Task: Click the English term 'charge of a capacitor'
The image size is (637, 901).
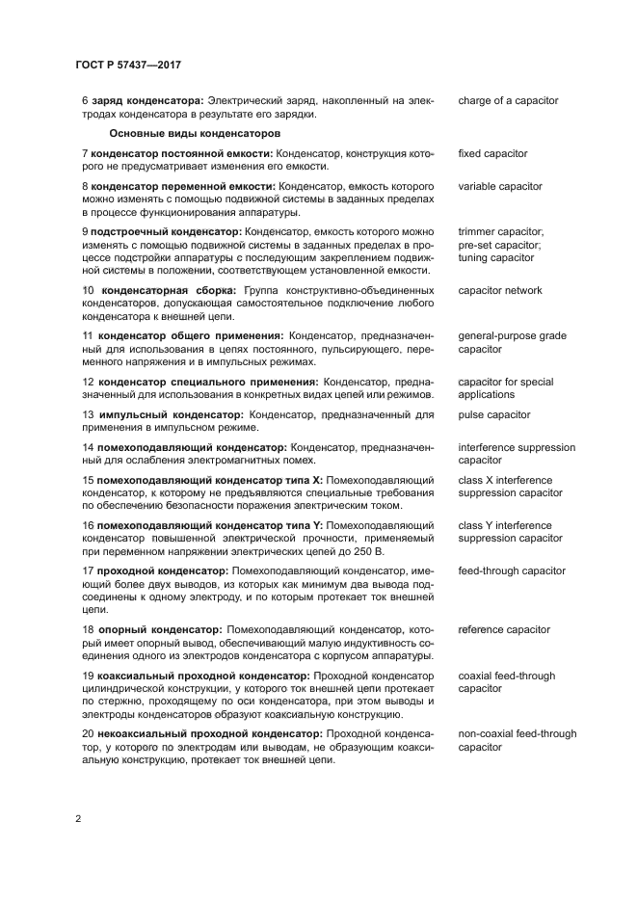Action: click(508, 101)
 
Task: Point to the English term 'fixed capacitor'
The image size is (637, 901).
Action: click(492, 154)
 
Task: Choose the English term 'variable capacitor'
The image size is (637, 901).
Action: click(500, 186)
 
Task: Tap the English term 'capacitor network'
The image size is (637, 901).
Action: click(500, 291)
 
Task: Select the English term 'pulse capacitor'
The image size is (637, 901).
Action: click(494, 414)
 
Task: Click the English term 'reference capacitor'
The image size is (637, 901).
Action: click(504, 630)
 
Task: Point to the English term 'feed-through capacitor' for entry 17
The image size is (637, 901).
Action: click(512, 570)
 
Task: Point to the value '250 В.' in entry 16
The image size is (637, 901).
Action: click(367, 550)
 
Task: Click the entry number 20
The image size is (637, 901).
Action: click(87, 734)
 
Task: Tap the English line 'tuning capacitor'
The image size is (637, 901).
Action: click(495, 258)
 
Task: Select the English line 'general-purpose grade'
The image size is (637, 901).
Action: click(512, 336)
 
